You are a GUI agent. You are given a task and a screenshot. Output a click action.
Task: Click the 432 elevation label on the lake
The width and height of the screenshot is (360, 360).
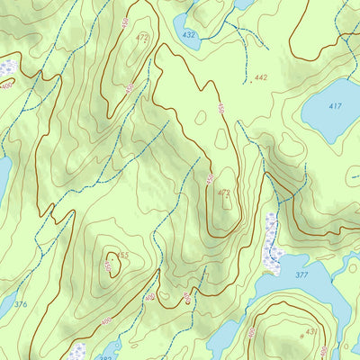pos(188,34)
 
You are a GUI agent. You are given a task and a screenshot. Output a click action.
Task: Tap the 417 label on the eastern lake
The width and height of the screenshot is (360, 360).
pos(335,106)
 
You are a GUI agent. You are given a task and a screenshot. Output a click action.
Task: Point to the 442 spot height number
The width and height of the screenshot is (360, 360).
pos(261,78)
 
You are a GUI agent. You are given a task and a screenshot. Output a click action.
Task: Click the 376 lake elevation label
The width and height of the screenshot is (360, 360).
pos(20,305)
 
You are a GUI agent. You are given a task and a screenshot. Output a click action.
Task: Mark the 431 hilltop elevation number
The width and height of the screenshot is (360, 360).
pos(311,332)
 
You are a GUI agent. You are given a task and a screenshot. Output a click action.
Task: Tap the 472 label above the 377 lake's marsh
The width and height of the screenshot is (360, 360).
pos(224,193)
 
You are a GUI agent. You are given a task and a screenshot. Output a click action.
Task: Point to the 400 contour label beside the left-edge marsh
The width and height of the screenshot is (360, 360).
pos(7,85)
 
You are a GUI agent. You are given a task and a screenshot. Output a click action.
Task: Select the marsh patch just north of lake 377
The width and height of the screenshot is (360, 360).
pos(274,243)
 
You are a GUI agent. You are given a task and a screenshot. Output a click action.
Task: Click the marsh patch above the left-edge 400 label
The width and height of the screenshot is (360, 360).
pos(7,67)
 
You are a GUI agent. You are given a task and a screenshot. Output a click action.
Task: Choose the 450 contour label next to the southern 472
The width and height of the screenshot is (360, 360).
pos(209,179)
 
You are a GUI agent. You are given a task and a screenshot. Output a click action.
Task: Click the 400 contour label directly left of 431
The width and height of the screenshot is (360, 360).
pos(251,332)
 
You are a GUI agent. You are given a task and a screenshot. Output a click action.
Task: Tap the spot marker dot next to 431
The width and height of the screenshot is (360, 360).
pos(301,335)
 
